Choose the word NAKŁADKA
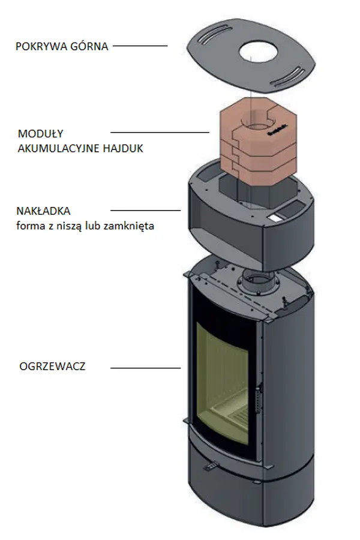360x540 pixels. point(44,211)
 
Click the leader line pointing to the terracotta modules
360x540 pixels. point(159,133)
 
